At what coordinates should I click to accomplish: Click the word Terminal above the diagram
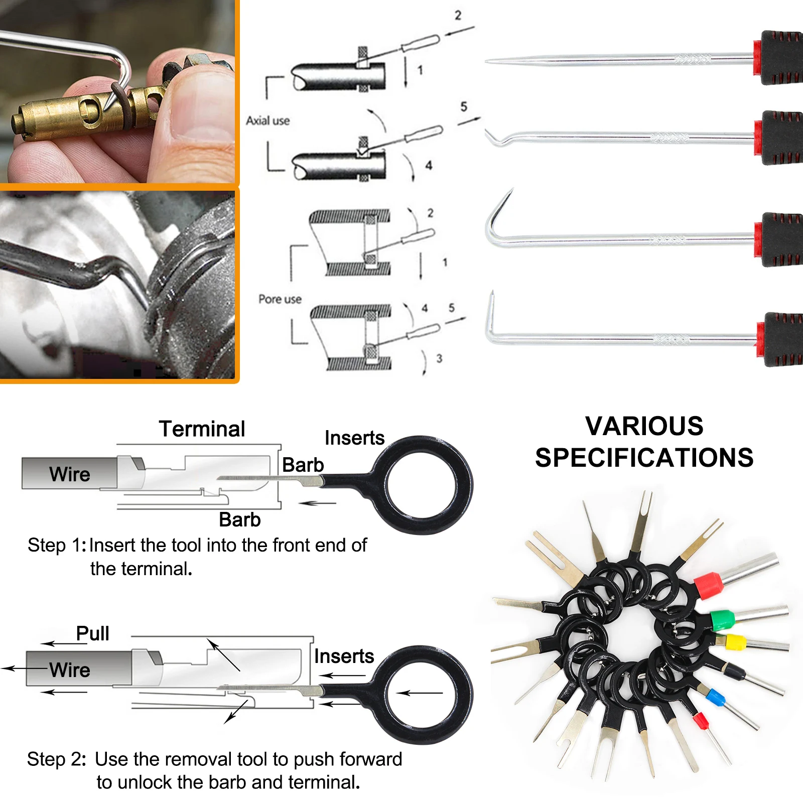(202, 429)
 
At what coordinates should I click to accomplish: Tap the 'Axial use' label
(267, 121)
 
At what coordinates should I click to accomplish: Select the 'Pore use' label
(280, 299)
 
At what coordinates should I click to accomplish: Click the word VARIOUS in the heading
(644, 427)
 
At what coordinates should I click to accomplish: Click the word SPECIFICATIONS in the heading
(644, 458)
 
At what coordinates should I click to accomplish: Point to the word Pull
(92, 633)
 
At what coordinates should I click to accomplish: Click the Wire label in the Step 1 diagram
(70, 474)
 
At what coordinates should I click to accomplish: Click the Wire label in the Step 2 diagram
(70, 670)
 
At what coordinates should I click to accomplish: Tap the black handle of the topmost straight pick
(780, 58)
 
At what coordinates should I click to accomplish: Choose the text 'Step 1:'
(57, 546)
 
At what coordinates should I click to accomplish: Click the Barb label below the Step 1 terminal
(240, 520)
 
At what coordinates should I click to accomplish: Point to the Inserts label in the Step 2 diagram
(344, 656)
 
